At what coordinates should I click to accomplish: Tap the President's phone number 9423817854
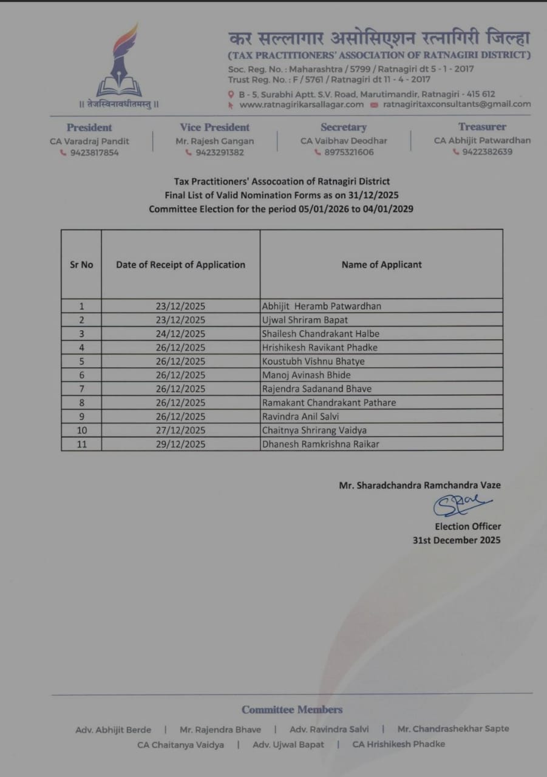pyautogui.click(x=93, y=153)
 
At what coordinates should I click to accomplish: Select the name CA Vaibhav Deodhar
pyautogui.click(x=344, y=141)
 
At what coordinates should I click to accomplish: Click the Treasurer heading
pyautogui.click(x=482, y=127)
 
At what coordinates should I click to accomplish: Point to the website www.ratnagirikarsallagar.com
pyautogui.click(x=301, y=104)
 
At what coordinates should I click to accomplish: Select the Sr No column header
pyautogui.click(x=81, y=265)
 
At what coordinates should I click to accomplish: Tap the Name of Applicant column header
pyautogui.click(x=381, y=265)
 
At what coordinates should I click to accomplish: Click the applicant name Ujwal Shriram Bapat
pyautogui.click(x=305, y=320)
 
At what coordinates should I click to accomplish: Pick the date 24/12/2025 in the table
pyautogui.click(x=180, y=334)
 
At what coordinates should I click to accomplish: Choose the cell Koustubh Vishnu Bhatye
pyautogui.click(x=313, y=361)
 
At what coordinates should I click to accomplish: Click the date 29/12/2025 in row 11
pyautogui.click(x=180, y=444)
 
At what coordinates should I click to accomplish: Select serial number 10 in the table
pyautogui.click(x=81, y=430)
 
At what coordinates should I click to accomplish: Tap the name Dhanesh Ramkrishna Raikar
pyautogui.click(x=321, y=444)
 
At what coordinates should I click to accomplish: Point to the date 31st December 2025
pyautogui.click(x=457, y=540)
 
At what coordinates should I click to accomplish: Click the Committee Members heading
pyautogui.click(x=292, y=710)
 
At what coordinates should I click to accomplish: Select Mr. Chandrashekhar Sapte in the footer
pyautogui.click(x=453, y=729)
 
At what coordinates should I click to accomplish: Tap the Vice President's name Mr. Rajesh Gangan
pyautogui.click(x=215, y=141)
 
